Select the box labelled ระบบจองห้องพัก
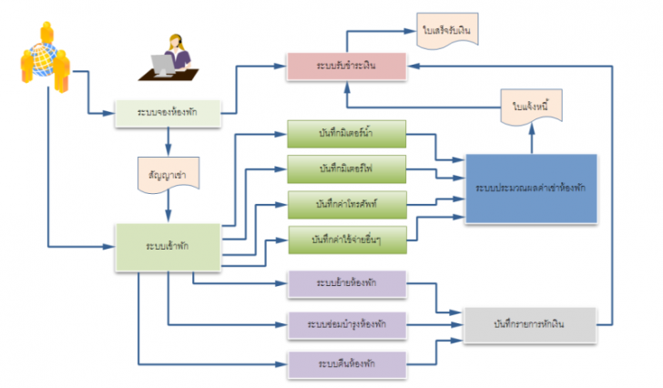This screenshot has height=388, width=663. click(x=168, y=112)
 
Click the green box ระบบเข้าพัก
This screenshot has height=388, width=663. click(x=168, y=246)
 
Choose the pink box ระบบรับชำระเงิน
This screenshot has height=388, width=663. click(x=345, y=66)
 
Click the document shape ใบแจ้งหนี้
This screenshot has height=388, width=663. click(x=531, y=107)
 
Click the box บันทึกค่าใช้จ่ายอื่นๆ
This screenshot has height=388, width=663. click(x=347, y=238)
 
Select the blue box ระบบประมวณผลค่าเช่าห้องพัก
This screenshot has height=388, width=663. click(x=531, y=189)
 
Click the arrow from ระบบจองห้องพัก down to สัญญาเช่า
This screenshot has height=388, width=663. click(x=168, y=140)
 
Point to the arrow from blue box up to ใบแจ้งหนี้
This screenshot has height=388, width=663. click(x=532, y=139)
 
